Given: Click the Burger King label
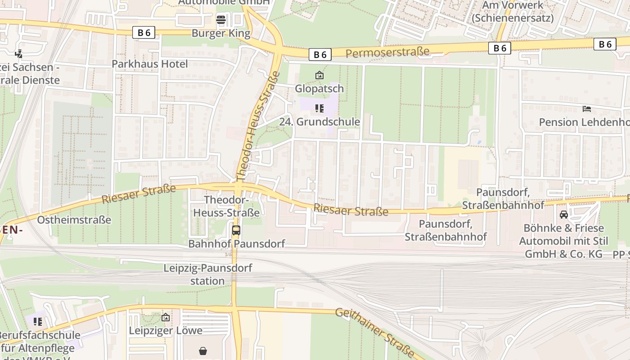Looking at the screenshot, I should (220, 33).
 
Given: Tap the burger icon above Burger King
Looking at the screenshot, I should (220, 19).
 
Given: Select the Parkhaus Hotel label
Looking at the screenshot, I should (149, 64).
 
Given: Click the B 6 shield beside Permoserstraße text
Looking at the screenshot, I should (320, 54).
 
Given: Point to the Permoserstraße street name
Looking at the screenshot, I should (387, 52).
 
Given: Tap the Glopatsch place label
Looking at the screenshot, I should (319, 89).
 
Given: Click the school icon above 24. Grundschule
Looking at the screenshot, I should (319, 108).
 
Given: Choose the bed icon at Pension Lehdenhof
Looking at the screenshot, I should (586, 108).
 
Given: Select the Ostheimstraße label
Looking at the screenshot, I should (74, 220).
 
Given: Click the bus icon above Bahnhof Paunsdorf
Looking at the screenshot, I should (236, 230).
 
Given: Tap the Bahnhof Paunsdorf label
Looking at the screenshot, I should (236, 244).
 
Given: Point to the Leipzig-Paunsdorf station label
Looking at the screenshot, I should (207, 274).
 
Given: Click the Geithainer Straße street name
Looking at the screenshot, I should (374, 333).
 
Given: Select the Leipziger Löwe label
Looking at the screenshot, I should (166, 331).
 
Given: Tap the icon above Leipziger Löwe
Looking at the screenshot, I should (166, 317).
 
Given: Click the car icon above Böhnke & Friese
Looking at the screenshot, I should (563, 214).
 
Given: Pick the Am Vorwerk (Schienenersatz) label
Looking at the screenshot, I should (513, 12).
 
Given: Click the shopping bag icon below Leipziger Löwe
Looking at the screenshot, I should (203, 351).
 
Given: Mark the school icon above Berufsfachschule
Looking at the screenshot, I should (38, 321).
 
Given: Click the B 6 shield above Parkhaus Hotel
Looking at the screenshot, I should (144, 32).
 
